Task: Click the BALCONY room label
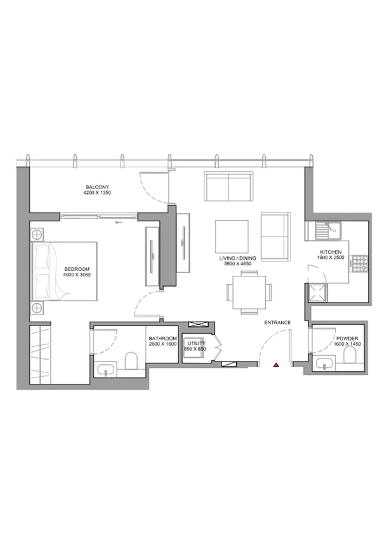point(98,187)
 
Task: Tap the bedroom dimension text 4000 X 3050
point(77,275)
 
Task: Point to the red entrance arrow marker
point(276,365)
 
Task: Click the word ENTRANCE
point(277,323)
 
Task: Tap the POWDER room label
point(347,339)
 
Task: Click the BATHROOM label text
point(162,339)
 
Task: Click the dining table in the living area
point(249,292)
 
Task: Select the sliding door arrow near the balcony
point(118,223)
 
